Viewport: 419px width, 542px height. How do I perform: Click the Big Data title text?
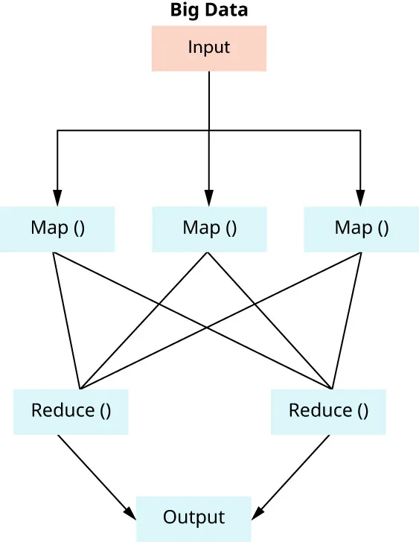point(209,10)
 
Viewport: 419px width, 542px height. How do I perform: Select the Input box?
point(209,48)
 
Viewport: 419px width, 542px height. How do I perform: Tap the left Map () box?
point(57,229)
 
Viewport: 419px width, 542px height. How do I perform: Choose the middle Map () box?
point(209,229)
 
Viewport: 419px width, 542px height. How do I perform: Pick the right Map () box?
point(361,229)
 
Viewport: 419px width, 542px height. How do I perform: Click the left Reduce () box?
point(71,411)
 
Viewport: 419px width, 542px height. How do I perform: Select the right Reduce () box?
point(328,411)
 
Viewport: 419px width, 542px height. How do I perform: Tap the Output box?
point(193,517)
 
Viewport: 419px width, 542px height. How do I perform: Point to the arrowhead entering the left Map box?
point(57,199)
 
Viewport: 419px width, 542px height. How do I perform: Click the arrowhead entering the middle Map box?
point(209,199)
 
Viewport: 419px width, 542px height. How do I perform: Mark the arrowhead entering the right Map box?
point(361,199)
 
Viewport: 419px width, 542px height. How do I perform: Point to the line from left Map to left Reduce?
point(67,320)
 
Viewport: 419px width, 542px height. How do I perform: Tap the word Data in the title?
point(228,10)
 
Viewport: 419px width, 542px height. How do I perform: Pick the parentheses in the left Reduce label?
point(105,411)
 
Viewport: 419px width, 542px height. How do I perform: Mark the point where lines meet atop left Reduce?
point(80,387)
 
